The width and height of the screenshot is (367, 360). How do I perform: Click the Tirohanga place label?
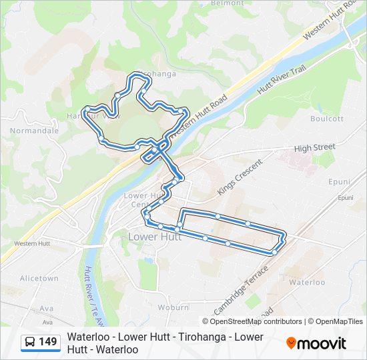156,74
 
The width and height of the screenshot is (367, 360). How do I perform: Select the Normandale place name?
34,131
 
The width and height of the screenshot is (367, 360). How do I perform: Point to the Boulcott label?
327,119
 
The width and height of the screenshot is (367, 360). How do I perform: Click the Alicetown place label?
39,278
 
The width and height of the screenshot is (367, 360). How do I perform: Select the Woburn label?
173,307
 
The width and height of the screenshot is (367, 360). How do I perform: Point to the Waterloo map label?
307,282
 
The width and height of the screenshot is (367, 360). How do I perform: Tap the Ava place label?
46,308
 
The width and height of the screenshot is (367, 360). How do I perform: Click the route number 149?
48,342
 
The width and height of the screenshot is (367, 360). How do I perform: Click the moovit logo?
316,343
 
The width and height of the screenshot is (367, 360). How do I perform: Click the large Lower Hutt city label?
154,237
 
